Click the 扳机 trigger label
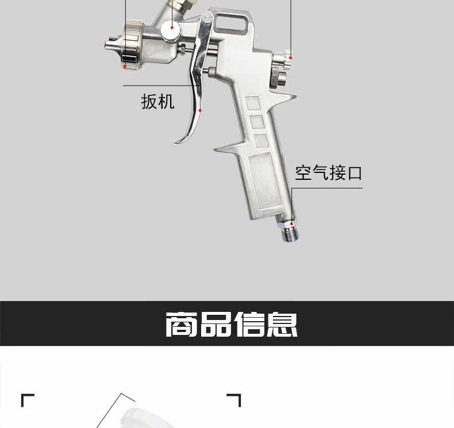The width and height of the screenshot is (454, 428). (157, 102)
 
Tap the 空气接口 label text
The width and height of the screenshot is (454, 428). (329, 173)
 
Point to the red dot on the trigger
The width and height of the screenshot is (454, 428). (200, 110)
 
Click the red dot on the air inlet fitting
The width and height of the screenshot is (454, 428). (292, 223)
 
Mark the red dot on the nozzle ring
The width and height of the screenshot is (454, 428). (125, 66)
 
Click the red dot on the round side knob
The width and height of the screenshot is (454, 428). (171, 27)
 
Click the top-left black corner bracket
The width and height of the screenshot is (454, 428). (27, 399)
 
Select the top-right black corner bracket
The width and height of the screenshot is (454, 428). (234, 399)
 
